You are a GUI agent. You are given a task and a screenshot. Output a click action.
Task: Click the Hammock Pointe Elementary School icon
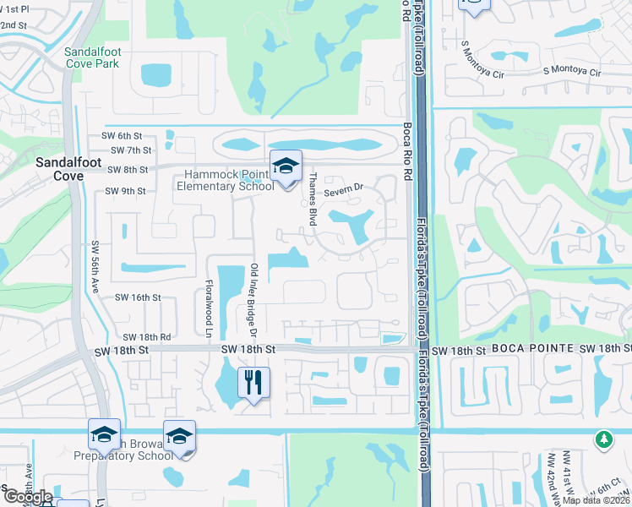pos(286,166)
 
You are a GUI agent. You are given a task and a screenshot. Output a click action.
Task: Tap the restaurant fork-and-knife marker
pos(253,383)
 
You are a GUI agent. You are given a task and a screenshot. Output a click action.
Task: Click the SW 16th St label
pos(137,297)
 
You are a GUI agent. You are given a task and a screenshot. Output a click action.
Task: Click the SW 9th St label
pos(126,191)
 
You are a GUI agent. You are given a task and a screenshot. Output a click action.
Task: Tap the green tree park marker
pos(603,439)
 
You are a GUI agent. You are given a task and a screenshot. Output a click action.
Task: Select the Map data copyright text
pos(595,500)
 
